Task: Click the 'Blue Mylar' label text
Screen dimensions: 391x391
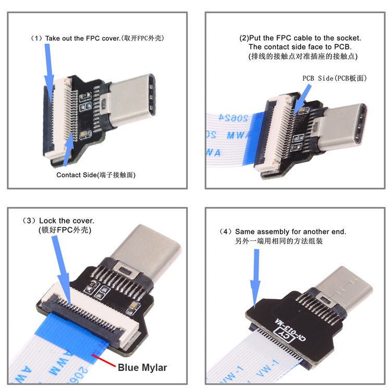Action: [142, 367]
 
